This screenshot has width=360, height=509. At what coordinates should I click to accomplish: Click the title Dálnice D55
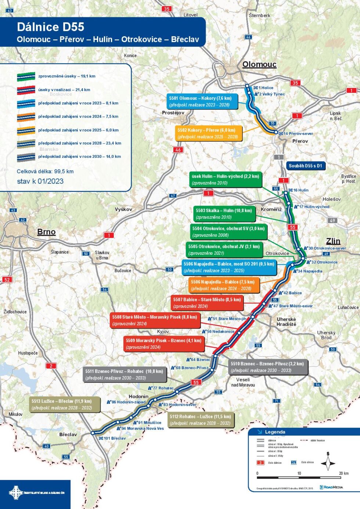coord(50,27)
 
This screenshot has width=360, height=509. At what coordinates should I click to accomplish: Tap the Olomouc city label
coord(259,65)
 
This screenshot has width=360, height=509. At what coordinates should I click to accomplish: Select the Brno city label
coord(46,232)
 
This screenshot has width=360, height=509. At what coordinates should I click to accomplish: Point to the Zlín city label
coord(333,241)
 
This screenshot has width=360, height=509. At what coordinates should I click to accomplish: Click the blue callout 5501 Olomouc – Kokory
coord(202,101)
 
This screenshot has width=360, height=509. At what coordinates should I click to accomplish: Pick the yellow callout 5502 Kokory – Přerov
coord(209,133)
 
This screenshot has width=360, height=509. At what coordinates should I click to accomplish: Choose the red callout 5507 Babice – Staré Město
coord(207,303)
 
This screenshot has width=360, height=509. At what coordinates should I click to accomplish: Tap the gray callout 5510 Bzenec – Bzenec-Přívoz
coord(267,367)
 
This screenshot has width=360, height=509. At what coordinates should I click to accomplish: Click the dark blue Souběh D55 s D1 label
coord(305,166)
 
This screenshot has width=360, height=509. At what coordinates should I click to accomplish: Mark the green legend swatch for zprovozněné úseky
coord(26,77)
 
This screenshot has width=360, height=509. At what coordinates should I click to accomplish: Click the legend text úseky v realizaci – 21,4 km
coord(64,90)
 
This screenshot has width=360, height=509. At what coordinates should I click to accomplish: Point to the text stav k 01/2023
coord(40,181)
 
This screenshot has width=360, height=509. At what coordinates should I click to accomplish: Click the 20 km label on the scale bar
coord(343,473)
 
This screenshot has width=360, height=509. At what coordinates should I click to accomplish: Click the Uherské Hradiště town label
coord(286,322)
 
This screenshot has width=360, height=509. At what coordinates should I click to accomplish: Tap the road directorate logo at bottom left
coord(36,492)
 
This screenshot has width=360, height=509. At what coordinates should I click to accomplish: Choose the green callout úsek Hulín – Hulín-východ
coord(225,180)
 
